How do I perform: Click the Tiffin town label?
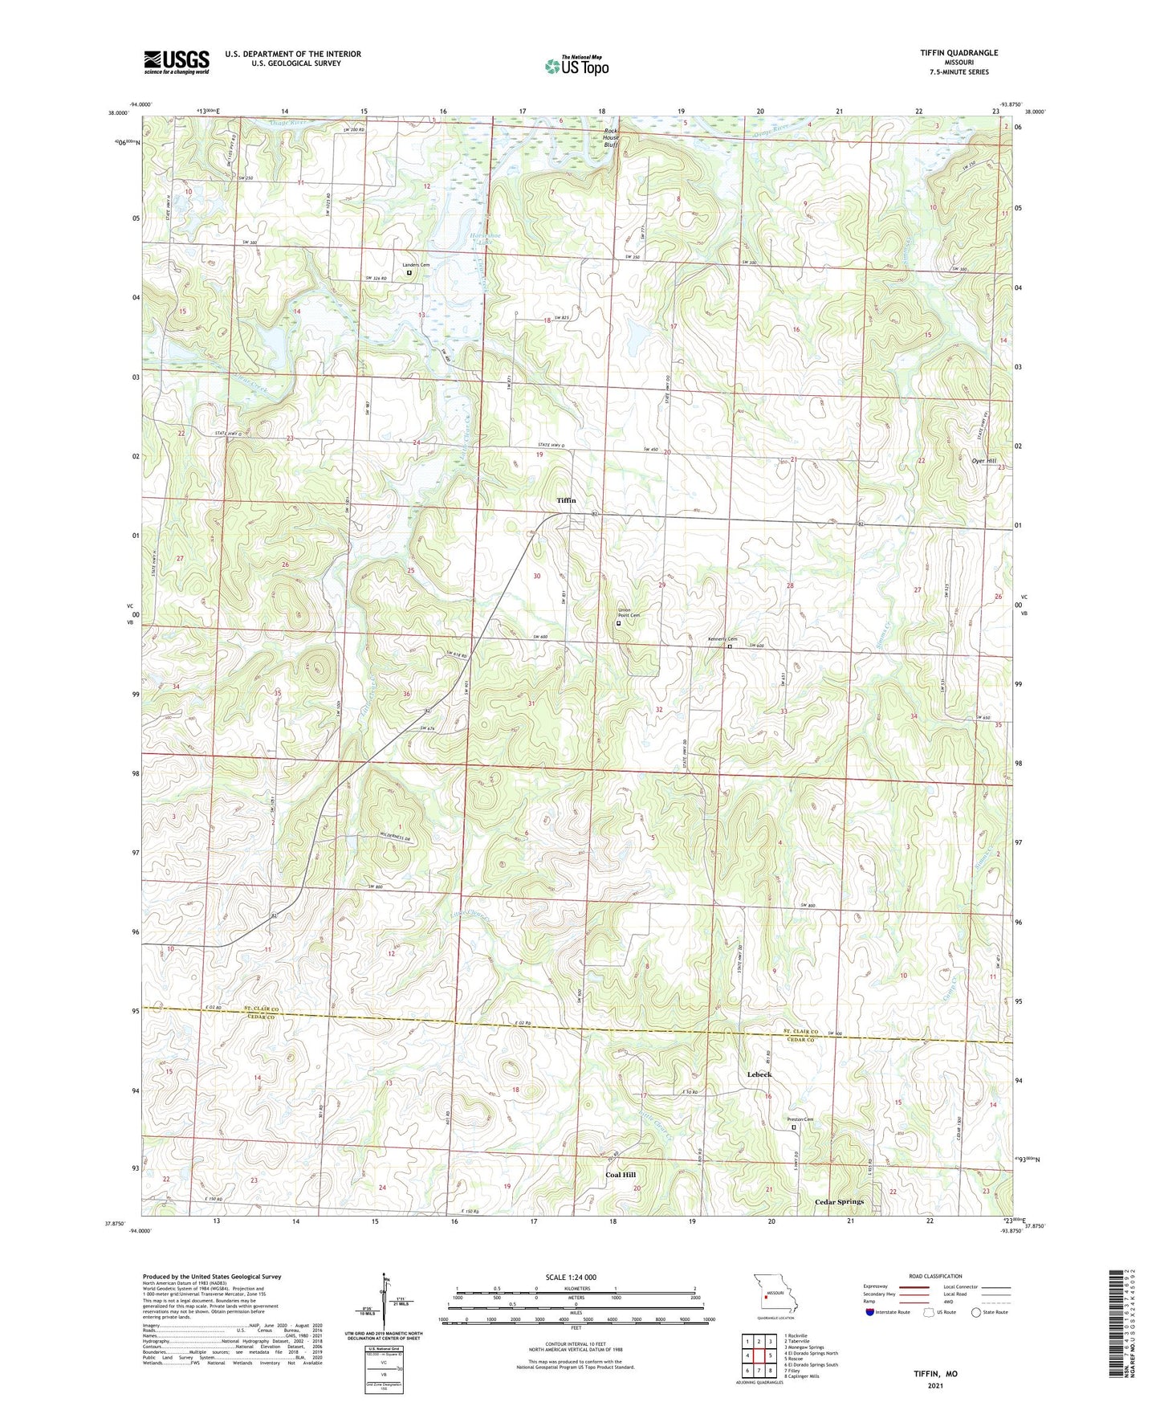566,500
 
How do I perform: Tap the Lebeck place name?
759,1074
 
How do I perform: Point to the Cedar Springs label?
839,1202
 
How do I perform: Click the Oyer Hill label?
983,461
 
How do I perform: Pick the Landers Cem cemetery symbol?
409,273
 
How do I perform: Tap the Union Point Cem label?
629,613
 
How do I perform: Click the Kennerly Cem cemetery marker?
730,646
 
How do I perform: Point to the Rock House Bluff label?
617,137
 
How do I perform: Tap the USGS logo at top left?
177,61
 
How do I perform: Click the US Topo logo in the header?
576,65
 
